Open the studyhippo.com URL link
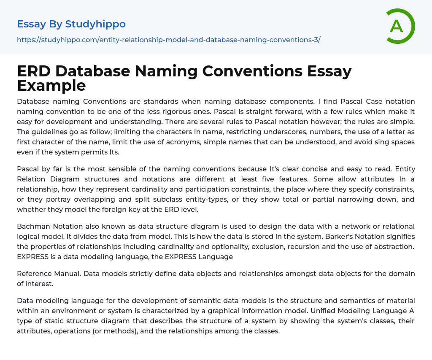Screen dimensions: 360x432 (x=168, y=40)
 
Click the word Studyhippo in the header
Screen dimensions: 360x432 (x=95, y=24)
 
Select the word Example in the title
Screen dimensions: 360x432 (x=51, y=85)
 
